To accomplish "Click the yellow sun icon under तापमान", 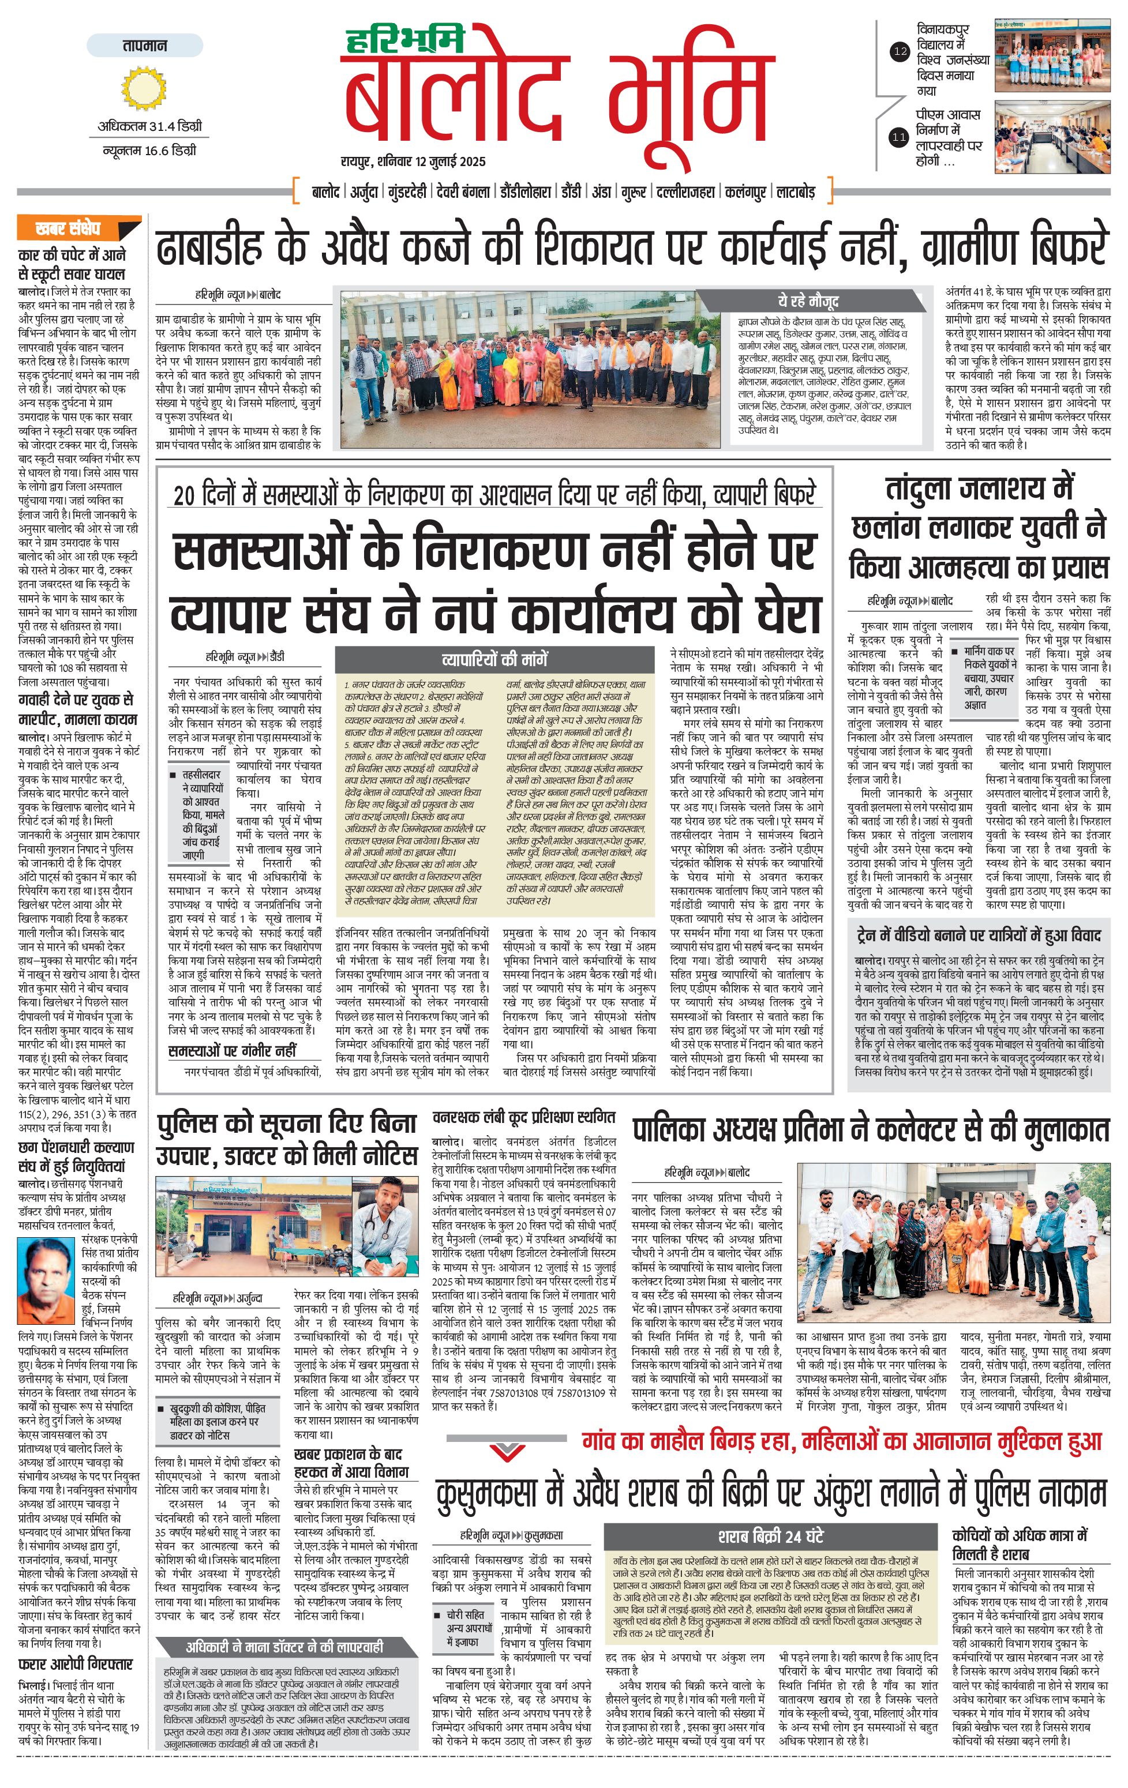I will point(144,88).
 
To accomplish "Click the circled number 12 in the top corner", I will point(900,51).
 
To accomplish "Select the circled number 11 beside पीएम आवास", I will point(900,137).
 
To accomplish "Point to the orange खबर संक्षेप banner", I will point(80,227).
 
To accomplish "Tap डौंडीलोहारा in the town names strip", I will point(525,191).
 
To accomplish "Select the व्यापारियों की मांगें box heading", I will point(494,659).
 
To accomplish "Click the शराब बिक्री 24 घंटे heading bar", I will point(770,1537).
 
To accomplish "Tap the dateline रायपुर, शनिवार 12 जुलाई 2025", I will point(413,161).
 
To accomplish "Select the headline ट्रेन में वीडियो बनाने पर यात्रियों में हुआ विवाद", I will point(978,935).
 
